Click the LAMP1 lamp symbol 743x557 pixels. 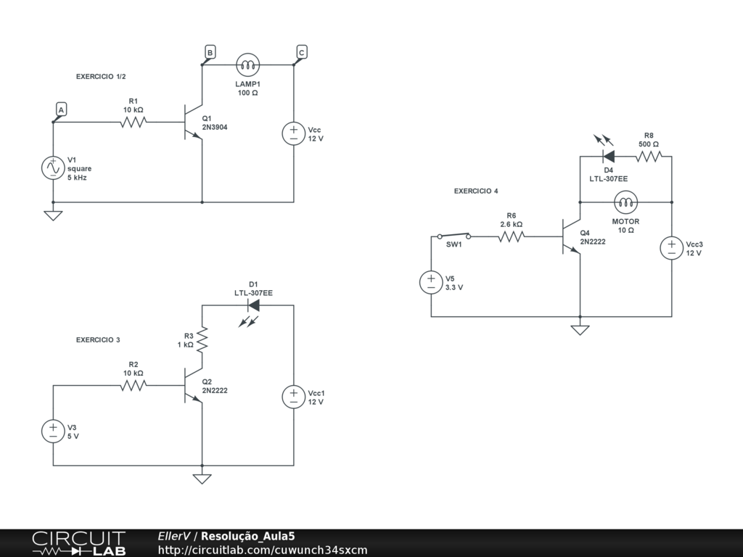point(247,65)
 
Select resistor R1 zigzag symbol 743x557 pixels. point(134,122)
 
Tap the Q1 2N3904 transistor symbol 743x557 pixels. point(193,122)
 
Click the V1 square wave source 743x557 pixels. point(53,168)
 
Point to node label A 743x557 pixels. point(61,110)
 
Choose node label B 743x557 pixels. point(210,52)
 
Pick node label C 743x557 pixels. point(301,52)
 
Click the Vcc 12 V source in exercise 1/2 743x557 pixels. point(294,133)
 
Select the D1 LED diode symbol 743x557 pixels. point(253,305)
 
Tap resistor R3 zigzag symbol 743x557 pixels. point(202,339)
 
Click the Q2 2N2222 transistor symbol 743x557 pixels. point(193,386)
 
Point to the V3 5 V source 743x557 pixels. point(53,431)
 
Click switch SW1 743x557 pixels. point(454,236)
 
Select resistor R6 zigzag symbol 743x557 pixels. point(512,236)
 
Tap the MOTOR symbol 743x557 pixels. point(625,202)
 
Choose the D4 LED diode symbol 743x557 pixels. point(609,156)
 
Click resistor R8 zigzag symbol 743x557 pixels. point(649,156)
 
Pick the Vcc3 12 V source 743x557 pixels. point(672,248)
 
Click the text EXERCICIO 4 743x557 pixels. point(476,191)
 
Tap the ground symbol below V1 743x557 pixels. point(53,215)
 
